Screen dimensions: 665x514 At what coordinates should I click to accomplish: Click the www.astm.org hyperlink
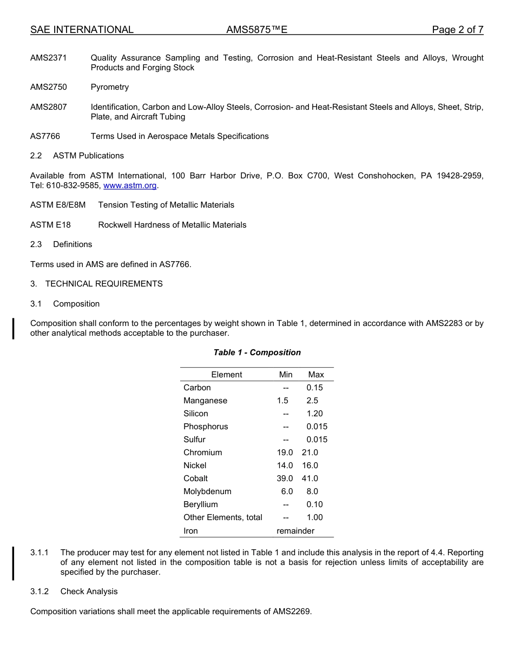point(130,185)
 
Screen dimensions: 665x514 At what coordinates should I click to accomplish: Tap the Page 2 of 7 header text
point(457,30)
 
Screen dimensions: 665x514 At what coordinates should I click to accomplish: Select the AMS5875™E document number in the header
point(256,30)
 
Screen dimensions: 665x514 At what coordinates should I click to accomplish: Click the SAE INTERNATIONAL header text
point(82,30)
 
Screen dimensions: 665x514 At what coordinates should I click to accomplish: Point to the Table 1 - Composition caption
point(257,353)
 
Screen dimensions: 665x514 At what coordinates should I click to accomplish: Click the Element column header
point(226,375)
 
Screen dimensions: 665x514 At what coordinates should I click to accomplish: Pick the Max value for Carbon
point(314,388)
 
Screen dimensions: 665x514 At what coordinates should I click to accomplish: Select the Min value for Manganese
point(282,401)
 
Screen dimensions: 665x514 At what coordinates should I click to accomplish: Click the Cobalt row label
point(195,478)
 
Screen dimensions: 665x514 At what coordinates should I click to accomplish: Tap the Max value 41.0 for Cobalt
point(310,478)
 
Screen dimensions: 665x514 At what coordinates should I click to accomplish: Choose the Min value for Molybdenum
point(287,491)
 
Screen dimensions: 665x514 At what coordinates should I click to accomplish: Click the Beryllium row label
point(200,504)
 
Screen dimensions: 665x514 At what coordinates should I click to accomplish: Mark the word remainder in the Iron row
point(295,531)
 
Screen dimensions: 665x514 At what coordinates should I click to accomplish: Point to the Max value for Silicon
point(314,414)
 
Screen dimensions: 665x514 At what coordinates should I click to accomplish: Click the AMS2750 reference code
point(49,87)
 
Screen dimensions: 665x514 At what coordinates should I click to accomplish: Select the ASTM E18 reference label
point(50,225)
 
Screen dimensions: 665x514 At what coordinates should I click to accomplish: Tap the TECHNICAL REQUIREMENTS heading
point(104,284)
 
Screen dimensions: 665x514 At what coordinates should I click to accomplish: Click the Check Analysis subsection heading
point(89,591)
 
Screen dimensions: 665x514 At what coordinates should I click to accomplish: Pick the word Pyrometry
point(110,87)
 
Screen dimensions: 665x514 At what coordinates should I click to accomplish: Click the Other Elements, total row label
point(222,517)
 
